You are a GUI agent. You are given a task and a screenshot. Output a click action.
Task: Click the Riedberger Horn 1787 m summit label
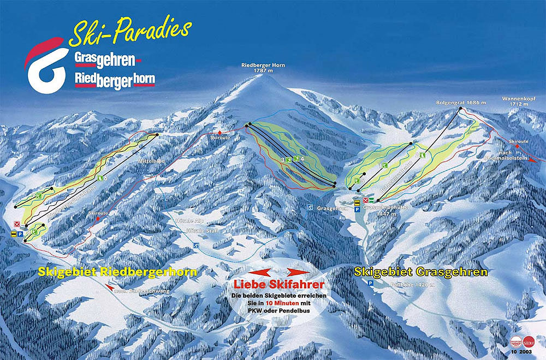click(x=264, y=68)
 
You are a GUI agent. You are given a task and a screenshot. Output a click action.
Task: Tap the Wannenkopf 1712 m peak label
click(x=515, y=102)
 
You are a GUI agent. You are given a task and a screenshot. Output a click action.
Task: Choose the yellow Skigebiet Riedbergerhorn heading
click(x=117, y=272)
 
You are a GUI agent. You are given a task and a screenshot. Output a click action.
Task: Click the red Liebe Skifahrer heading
click(x=278, y=285)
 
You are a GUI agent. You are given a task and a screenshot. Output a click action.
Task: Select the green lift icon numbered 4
click(x=295, y=159)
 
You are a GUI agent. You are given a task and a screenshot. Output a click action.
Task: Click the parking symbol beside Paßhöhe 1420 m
click(x=371, y=284)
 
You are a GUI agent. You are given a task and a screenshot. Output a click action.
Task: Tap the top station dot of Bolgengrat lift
click(x=460, y=109)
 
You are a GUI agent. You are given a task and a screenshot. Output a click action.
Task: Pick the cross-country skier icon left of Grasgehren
click(x=309, y=208)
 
